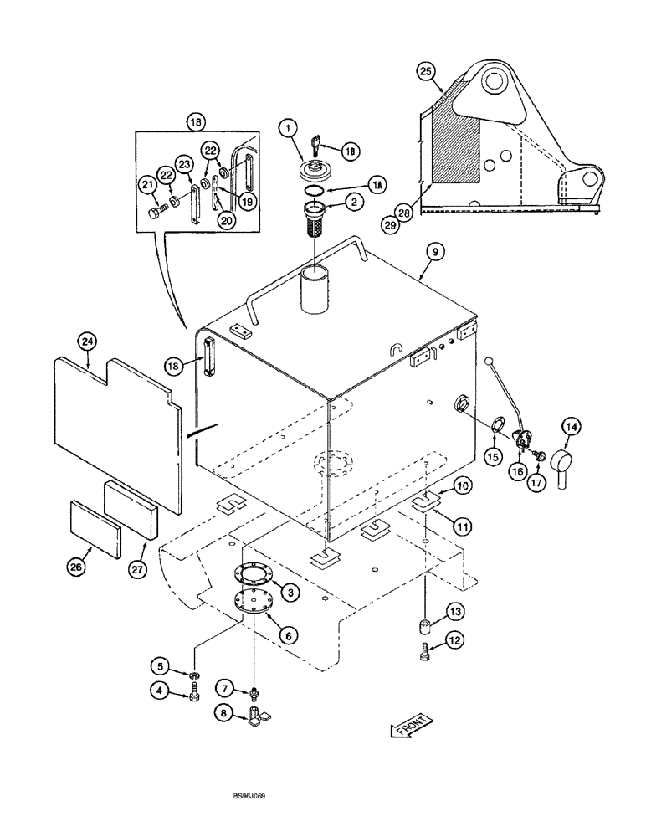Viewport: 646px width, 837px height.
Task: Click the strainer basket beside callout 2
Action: [x=313, y=228]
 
